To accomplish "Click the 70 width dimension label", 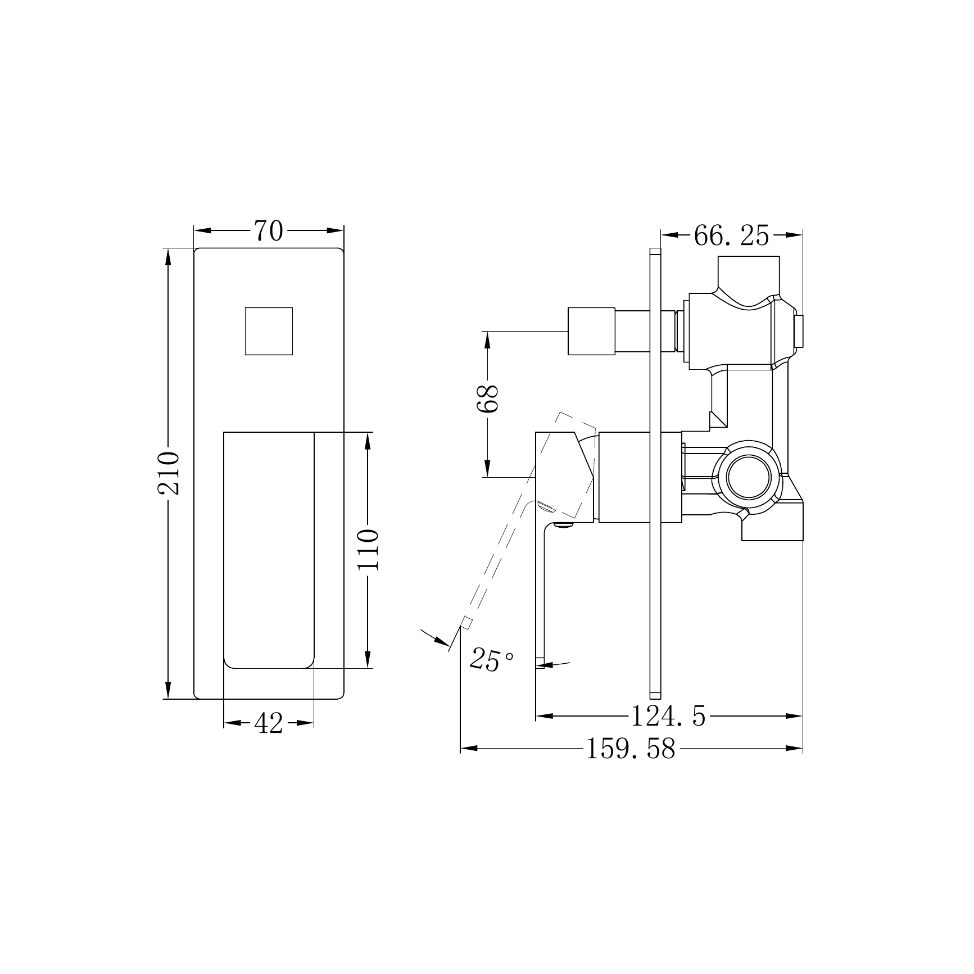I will coord(268,231).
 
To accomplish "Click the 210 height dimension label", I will coord(168,473).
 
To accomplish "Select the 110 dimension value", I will coord(369,549).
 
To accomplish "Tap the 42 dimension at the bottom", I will coord(268,723).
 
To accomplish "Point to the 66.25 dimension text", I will coord(731,235).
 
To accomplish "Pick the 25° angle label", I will coord(491,659).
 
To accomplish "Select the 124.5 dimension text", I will coord(668,716).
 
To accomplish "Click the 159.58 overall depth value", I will coord(630,749).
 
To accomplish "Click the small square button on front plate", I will coord(269,331).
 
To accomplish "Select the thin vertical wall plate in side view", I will coord(655,472).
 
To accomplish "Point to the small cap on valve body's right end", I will coord(798,331).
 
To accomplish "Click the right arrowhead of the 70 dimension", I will coord(336,231).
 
